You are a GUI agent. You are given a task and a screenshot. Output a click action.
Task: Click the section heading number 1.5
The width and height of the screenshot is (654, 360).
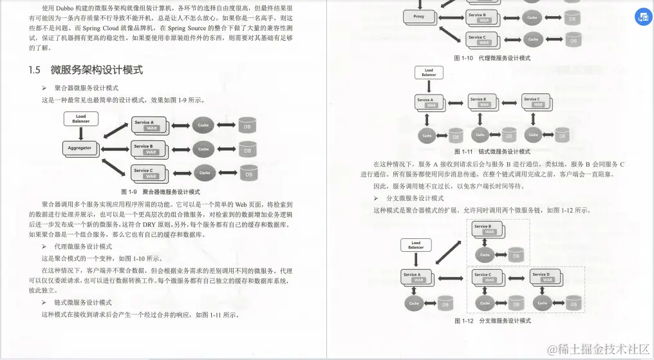tap(35, 70)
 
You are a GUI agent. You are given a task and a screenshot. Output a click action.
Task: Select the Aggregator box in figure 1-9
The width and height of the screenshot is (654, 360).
tap(80, 148)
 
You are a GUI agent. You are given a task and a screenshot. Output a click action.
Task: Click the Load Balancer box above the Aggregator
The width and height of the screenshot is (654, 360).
tap(81, 118)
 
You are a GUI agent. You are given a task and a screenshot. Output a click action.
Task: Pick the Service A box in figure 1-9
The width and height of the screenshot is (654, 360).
tap(148, 124)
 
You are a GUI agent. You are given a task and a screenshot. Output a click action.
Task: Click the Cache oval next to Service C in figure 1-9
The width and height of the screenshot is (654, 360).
tap(205, 173)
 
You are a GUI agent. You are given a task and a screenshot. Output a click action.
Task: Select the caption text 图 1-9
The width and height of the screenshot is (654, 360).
tap(129, 192)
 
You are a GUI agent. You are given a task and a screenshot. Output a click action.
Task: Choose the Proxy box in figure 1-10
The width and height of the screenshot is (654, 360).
tap(419, 17)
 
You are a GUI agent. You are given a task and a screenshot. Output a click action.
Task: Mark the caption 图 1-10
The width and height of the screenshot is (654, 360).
tap(463, 58)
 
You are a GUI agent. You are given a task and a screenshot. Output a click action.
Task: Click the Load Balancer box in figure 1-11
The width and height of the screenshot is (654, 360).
tap(429, 73)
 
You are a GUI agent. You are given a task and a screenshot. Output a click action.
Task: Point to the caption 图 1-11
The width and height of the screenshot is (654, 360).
tap(463, 152)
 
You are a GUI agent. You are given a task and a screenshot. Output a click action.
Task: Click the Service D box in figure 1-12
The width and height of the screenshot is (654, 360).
tap(543, 277)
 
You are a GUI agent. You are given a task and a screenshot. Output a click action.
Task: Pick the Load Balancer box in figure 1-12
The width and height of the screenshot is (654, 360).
tap(416, 245)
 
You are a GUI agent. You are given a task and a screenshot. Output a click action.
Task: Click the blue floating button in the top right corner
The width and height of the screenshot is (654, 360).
tap(642, 17)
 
